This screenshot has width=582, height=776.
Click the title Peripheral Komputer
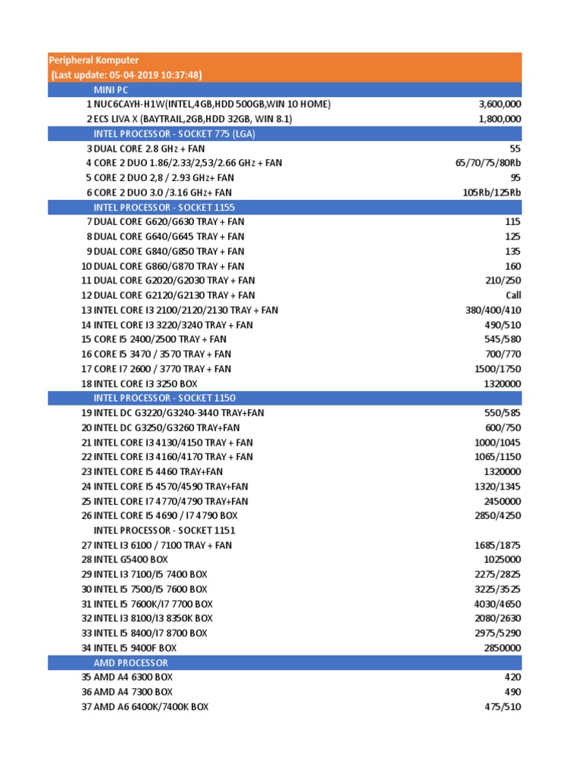pyautogui.click(x=94, y=60)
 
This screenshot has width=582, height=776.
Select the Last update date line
pyautogui.click(x=126, y=74)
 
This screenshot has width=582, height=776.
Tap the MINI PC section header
pyautogui.click(x=111, y=89)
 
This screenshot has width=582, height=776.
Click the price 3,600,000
pyautogui.click(x=499, y=104)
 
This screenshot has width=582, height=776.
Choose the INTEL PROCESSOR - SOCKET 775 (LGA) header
pyautogui.click(x=174, y=133)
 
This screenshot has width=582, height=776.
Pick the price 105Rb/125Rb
pyautogui.click(x=492, y=192)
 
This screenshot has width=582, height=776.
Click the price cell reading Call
pyautogui.click(x=513, y=296)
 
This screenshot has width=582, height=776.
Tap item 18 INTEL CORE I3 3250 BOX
pyautogui.click(x=145, y=383)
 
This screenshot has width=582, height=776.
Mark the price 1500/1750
pyautogui.click(x=496, y=369)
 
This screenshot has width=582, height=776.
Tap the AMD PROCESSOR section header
pyautogui.click(x=131, y=662)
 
